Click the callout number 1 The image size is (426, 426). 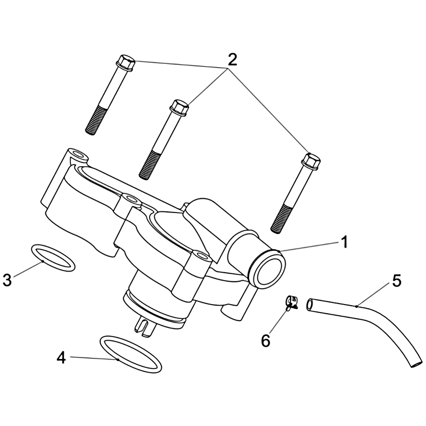tap(344, 242)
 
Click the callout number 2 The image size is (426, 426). tap(232, 60)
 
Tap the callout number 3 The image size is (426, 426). tap(7, 280)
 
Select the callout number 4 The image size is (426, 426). tap(61, 357)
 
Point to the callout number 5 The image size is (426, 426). tap(397, 281)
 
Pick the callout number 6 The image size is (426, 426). tap(266, 340)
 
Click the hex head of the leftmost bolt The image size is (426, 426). tap(125, 63)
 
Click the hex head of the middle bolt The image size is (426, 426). tap(179, 108)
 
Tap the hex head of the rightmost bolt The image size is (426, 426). tap(311, 160)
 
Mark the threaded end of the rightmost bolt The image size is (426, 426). tap(282, 219)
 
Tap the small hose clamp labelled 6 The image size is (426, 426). tap(291, 302)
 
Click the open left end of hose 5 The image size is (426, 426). tap(309, 305)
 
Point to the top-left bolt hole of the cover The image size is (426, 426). tap(79, 154)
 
